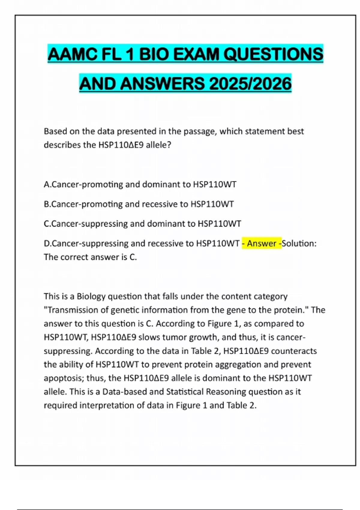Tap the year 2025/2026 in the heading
(250, 83)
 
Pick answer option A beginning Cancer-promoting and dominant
(140, 184)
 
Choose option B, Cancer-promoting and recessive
(139, 204)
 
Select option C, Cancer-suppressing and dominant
(142, 224)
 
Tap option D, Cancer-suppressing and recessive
(142, 243)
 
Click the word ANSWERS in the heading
(163, 83)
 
